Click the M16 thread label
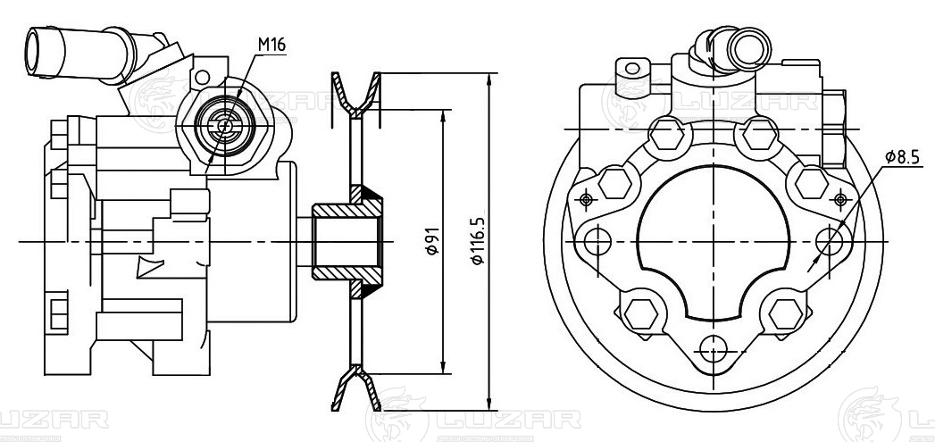click(271, 45)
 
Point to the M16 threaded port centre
click(225, 126)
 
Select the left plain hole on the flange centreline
click(598, 242)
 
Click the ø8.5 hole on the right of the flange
click(830, 242)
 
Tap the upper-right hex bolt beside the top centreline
click(760, 135)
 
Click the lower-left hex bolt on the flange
click(641, 313)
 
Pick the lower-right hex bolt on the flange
click(786, 313)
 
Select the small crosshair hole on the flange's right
click(840, 198)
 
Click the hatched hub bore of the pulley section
click(347, 242)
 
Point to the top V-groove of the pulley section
click(356, 95)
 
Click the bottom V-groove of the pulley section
click(356, 389)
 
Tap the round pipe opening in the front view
click(749, 50)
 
